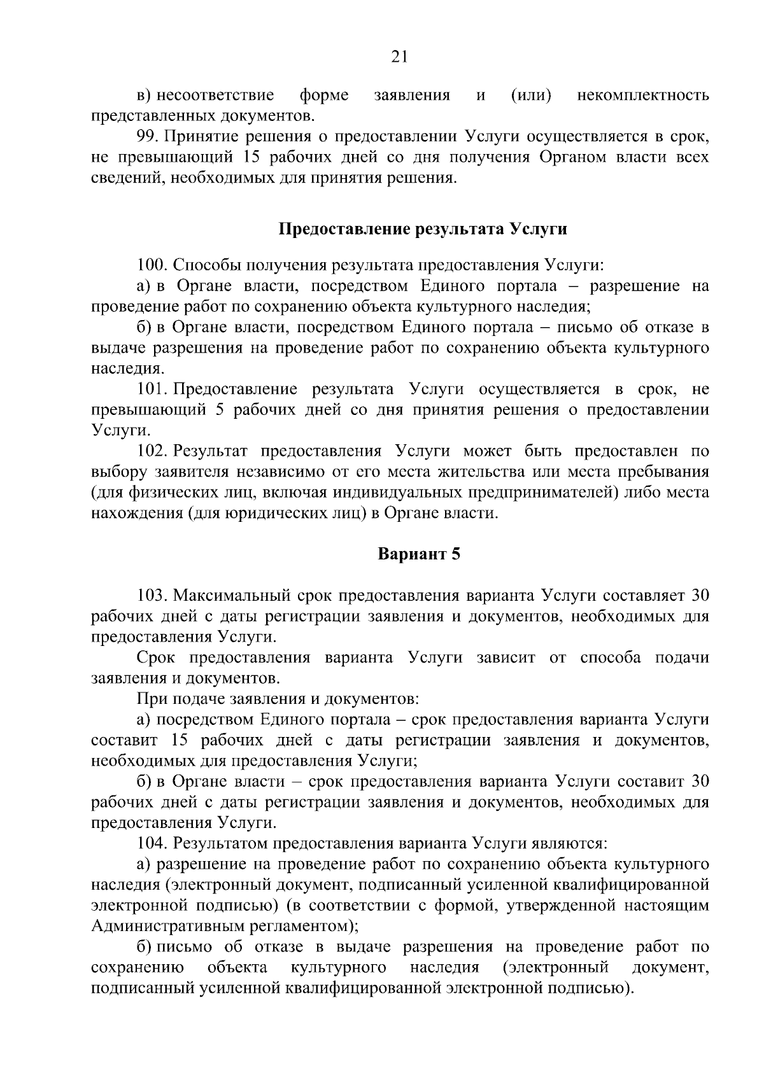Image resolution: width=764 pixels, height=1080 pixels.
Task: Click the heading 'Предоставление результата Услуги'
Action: pyautogui.click(x=423, y=229)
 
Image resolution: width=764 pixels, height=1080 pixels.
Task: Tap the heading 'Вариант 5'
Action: pyautogui.click(x=418, y=554)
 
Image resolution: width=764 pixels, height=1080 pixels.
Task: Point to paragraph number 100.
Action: pyautogui.click(x=153, y=265)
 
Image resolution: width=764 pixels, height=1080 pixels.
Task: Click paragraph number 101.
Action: pyautogui.click(x=153, y=389)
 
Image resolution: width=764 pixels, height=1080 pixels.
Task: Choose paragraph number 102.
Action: pyautogui.click(x=153, y=451)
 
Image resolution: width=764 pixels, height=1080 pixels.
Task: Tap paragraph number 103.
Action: pyautogui.click(x=153, y=596)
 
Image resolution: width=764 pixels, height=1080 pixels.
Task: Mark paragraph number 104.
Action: pyautogui.click(x=153, y=844)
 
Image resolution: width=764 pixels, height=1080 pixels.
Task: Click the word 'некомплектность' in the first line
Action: pyautogui.click(x=643, y=95)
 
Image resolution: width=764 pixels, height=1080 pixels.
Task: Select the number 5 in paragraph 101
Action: pyautogui.click(x=219, y=410)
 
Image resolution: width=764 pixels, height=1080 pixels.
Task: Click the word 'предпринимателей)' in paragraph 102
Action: pyautogui.click(x=544, y=493)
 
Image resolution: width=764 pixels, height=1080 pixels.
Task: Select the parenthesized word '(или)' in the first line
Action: pyautogui.click(x=531, y=95)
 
